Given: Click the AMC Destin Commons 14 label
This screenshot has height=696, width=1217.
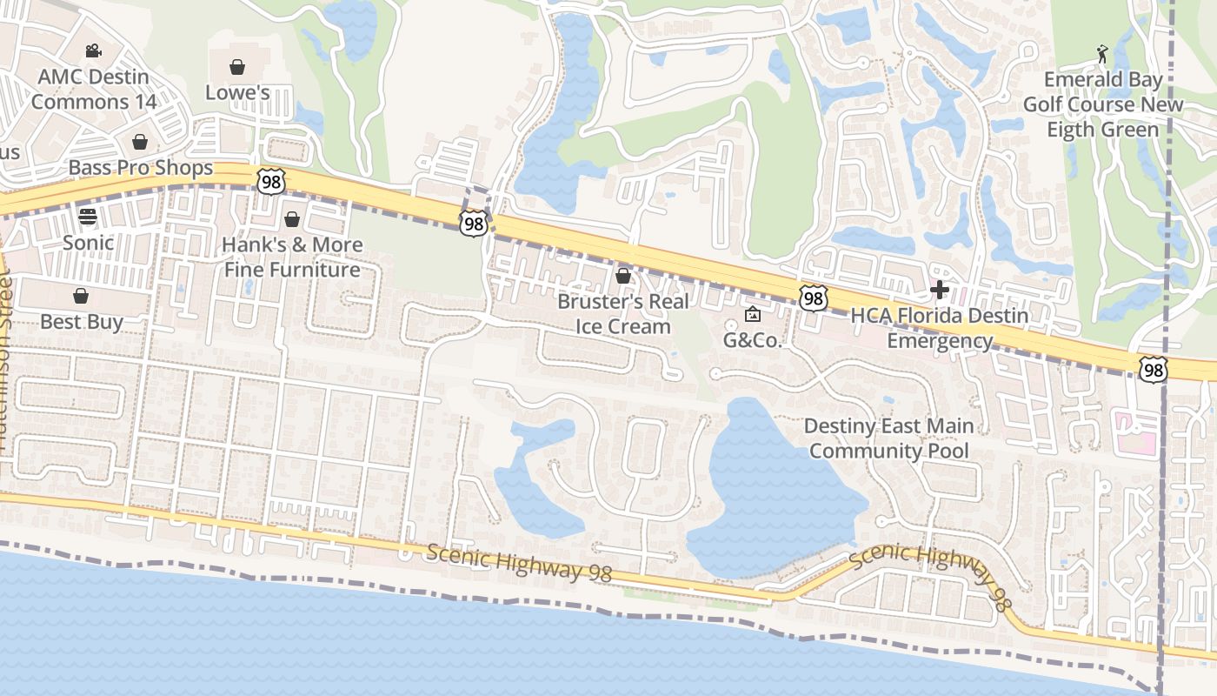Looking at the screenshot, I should point(94,89).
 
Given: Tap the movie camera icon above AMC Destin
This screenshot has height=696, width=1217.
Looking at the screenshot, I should point(93,51).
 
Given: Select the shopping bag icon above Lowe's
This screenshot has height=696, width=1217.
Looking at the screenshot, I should point(236,67).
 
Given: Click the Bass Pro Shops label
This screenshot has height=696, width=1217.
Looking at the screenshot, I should point(140,167).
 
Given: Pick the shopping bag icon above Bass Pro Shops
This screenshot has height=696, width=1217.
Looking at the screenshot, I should point(139,142).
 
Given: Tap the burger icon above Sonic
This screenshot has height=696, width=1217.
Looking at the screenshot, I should point(88,216).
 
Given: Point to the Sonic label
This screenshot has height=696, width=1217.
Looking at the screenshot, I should point(88,243).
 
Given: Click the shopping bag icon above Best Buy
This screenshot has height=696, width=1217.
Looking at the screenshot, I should point(81,296).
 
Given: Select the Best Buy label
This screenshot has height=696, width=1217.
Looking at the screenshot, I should point(81,322).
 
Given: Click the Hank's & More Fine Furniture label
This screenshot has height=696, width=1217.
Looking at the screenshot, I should point(292,257).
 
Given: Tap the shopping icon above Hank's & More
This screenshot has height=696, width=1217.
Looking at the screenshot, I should point(292,218).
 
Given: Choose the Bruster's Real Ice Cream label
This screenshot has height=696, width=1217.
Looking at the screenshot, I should point(622,314).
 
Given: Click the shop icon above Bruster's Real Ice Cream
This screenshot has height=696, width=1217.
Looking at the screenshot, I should point(622,277).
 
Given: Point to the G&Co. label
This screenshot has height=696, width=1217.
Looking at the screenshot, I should point(753,340).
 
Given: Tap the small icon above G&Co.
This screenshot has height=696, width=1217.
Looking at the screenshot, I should point(753,314).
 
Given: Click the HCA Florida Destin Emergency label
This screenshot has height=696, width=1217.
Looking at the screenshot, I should point(939,328).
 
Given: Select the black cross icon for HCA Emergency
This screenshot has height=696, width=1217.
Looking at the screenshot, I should point(939,290).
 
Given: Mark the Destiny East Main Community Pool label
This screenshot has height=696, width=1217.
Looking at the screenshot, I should point(888,438).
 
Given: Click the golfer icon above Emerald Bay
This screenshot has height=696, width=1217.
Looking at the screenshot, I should point(1102,54).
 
